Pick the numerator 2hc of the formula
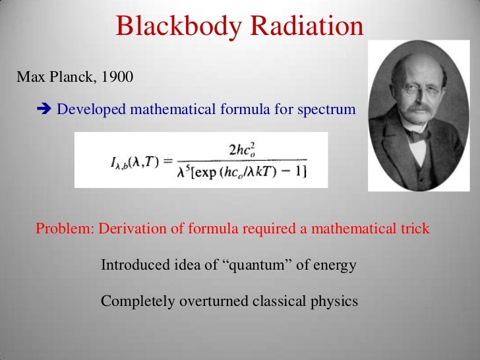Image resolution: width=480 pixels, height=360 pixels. [x=243, y=150]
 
